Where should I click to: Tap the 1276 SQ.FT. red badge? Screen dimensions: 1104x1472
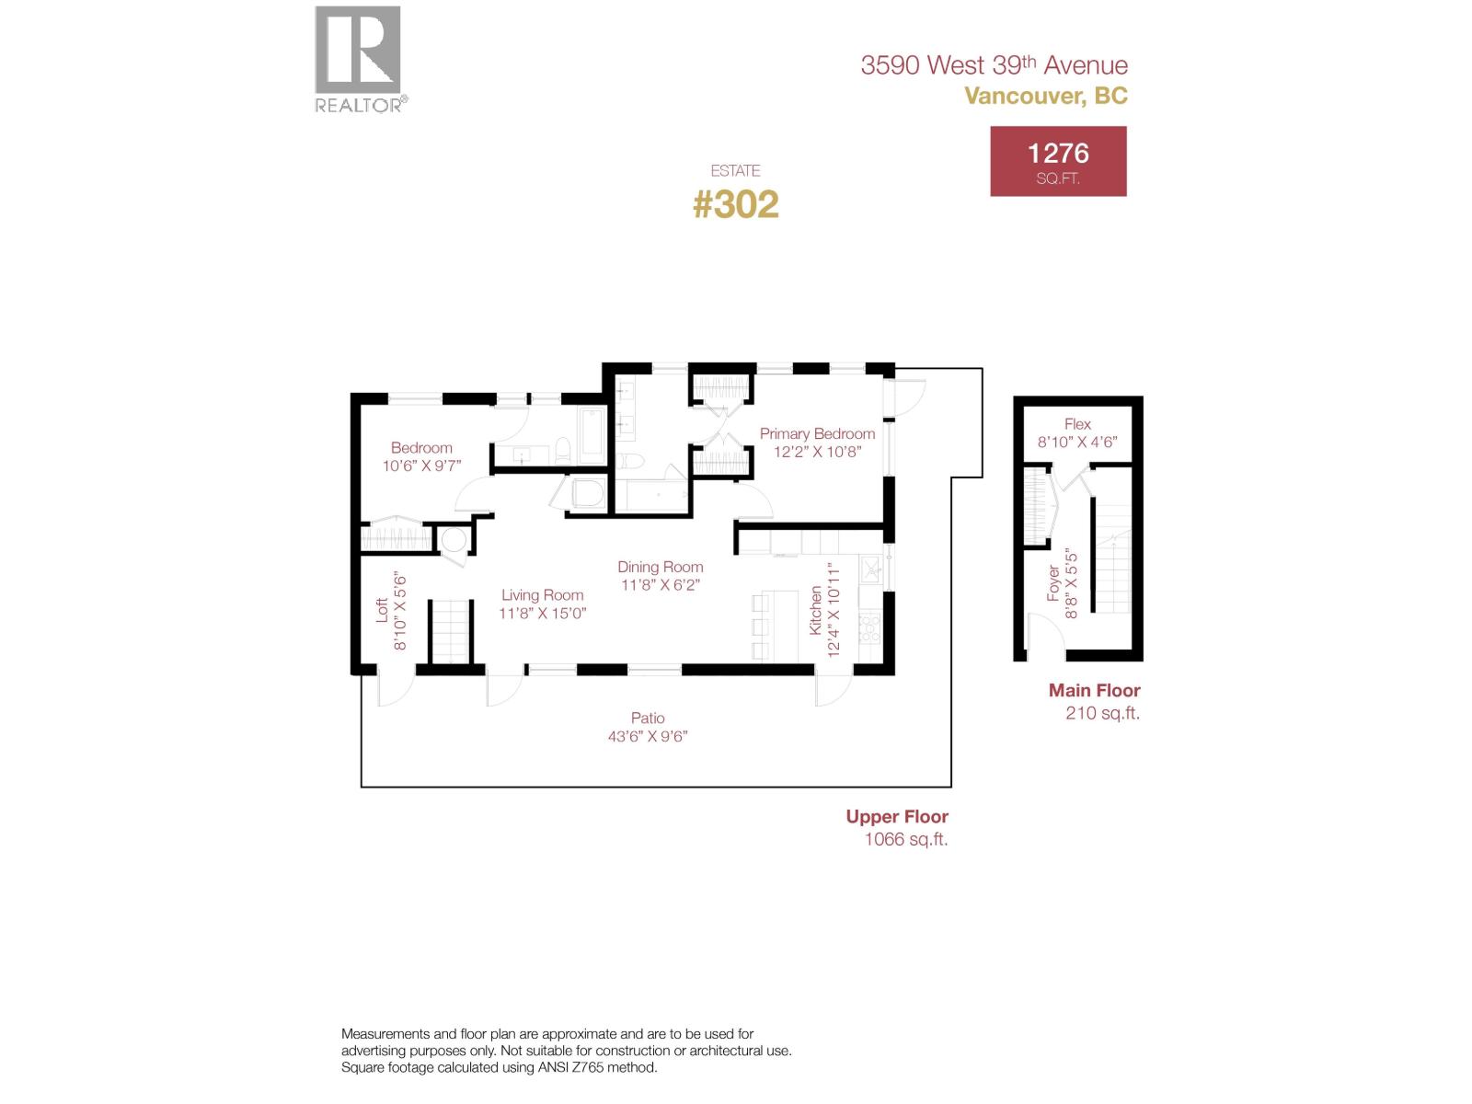pos(1058,162)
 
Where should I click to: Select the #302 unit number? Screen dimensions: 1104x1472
pos(735,204)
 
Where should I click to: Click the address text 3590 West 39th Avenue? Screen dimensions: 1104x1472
pos(994,65)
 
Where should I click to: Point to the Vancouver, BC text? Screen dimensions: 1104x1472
pos(1045,96)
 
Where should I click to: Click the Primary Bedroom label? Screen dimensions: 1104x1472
pos(817,433)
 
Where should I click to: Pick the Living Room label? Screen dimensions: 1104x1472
pos(542,595)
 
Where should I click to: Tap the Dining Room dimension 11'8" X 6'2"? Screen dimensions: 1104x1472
pos(661,585)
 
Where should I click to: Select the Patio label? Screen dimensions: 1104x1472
pos(648,718)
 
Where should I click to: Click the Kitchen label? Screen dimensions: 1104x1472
pos(815,610)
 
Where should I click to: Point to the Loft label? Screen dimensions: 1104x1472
pos(383,610)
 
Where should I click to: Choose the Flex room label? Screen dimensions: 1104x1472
pos(1077,424)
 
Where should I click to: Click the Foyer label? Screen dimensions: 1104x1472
pos(1053,583)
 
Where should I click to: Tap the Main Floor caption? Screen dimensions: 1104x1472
pos(1094,690)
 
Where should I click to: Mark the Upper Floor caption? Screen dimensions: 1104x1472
pos(897,816)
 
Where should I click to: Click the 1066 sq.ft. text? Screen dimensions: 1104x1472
pos(906,839)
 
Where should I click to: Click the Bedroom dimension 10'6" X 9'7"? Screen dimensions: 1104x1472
pos(421,466)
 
